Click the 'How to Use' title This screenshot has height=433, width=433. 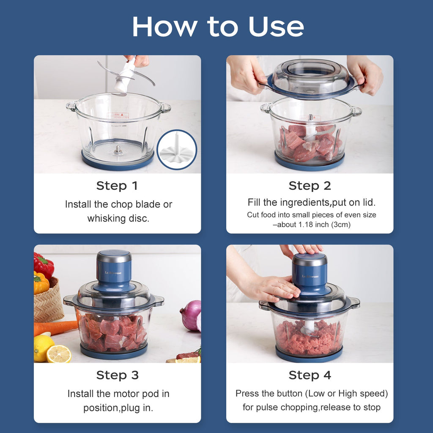click(x=218, y=27)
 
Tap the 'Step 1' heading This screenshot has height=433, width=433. click(x=117, y=186)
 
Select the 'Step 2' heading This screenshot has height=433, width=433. click(x=310, y=186)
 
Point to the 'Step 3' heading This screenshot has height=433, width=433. click(x=117, y=375)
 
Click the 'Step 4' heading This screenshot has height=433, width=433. click(x=310, y=375)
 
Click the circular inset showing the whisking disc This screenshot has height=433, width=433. click(x=177, y=150)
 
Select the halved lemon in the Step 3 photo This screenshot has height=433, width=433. click(x=59, y=354)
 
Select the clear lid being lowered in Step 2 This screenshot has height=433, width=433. click(x=310, y=78)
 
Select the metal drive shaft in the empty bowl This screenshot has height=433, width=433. click(x=118, y=150)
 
